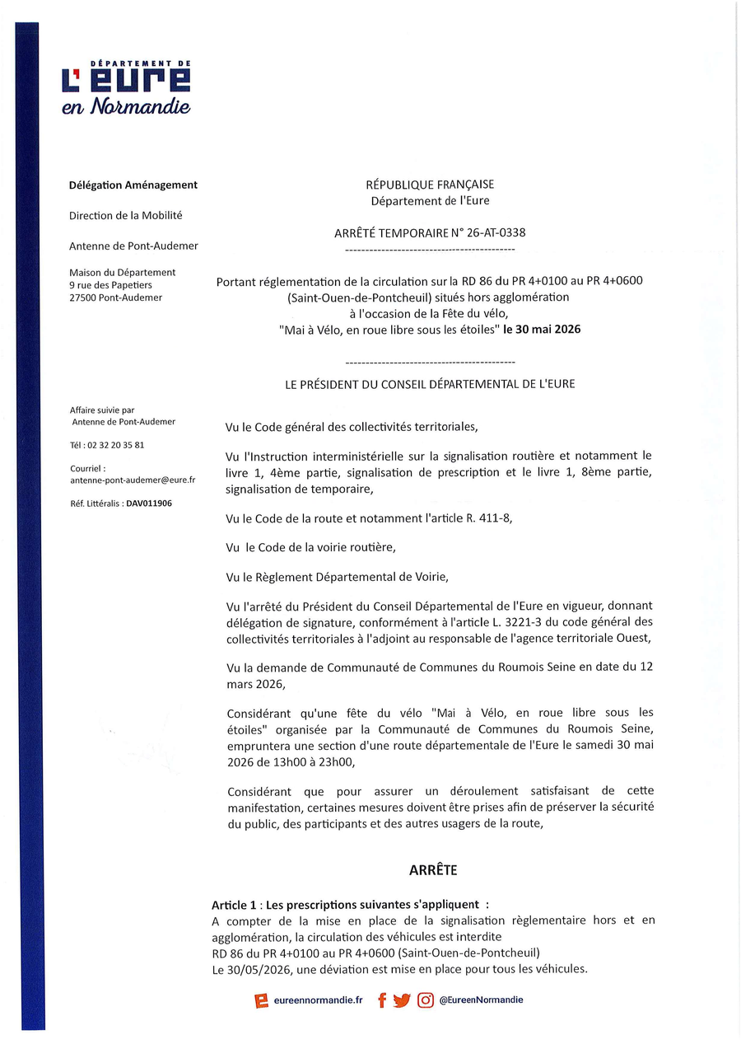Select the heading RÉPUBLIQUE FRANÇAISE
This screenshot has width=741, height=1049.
pos(430,185)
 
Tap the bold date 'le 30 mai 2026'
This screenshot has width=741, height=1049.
pos(542,329)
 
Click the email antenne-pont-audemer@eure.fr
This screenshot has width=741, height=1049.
pos(133,480)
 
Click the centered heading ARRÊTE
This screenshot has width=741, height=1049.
pos(433,870)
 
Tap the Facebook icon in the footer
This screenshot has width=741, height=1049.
pos(382,1000)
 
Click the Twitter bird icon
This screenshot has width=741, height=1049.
pos(402,1000)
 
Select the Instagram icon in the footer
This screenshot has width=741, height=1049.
pos(426,1000)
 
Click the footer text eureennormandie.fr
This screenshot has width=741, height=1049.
pos(318,1000)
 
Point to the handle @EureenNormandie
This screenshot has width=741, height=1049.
pos(481,1000)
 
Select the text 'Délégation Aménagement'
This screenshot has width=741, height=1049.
pos(133,185)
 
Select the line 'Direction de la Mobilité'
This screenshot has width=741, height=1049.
pos(126,215)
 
